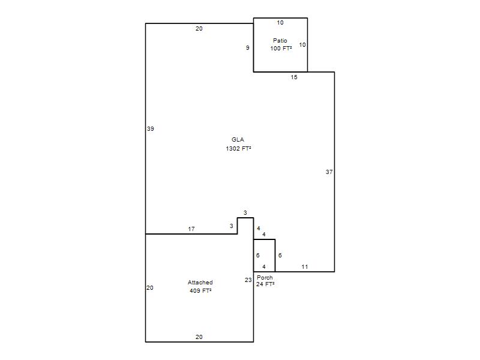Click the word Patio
280,40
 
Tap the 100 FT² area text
281,49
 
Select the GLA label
238,140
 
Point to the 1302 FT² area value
238,148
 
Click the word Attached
200,282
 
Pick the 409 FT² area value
200,290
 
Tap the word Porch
265,277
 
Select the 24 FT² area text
265,284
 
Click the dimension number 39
151,129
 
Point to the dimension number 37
329,172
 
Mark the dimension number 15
294,77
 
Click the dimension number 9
248,48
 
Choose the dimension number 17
191,229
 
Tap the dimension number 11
305,266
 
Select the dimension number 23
248,280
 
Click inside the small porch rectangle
264,256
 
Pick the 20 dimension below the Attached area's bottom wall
199,337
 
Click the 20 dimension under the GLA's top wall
199,28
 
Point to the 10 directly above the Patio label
280,23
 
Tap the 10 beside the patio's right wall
302,44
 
